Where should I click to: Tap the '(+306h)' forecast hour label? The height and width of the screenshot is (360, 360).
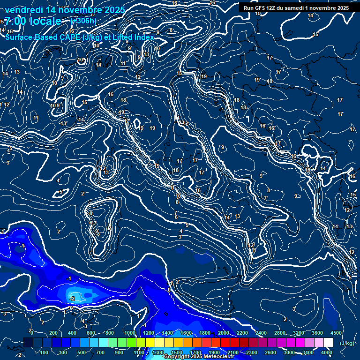click(x=83, y=21)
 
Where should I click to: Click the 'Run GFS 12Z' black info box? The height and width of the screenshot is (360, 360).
click(x=296, y=8)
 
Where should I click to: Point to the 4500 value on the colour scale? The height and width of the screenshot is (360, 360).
click(x=336, y=333)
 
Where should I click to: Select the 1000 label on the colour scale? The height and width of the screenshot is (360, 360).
click(x=130, y=333)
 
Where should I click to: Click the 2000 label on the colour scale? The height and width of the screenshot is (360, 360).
click(x=224, y=333)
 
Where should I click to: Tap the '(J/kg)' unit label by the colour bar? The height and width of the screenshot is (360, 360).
click(x=346, y=343)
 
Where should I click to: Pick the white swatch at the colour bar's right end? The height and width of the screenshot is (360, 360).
click(x=328, y=343)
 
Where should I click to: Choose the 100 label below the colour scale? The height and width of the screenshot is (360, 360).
click(x=45, y=352)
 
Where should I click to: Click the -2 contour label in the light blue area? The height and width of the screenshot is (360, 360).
click(x=72, y=299)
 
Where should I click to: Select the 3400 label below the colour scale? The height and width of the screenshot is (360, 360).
click(x=308, y=352)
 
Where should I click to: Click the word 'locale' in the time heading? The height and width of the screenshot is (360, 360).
click(x=45, y=21)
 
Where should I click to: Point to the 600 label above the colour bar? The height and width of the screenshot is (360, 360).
click(x=91, y=333)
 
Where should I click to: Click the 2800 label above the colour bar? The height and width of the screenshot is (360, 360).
click(x=280, y=333)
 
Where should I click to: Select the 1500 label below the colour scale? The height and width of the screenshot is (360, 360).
click(x=177, y=352)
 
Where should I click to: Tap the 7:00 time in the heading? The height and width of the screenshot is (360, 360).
click(x=15, y=21)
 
